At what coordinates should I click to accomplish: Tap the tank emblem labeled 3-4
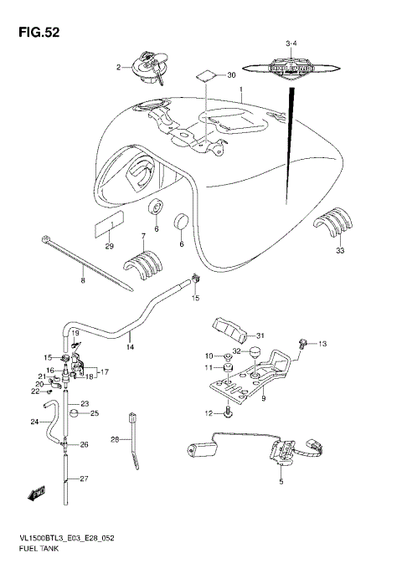291,67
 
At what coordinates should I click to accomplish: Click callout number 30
232,75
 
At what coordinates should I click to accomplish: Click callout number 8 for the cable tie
82,281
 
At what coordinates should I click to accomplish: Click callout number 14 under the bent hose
130,345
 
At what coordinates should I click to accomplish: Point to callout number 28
115,438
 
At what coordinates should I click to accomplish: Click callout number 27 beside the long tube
84,478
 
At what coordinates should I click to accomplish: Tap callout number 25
95,412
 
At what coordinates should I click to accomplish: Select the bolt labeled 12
227,412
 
